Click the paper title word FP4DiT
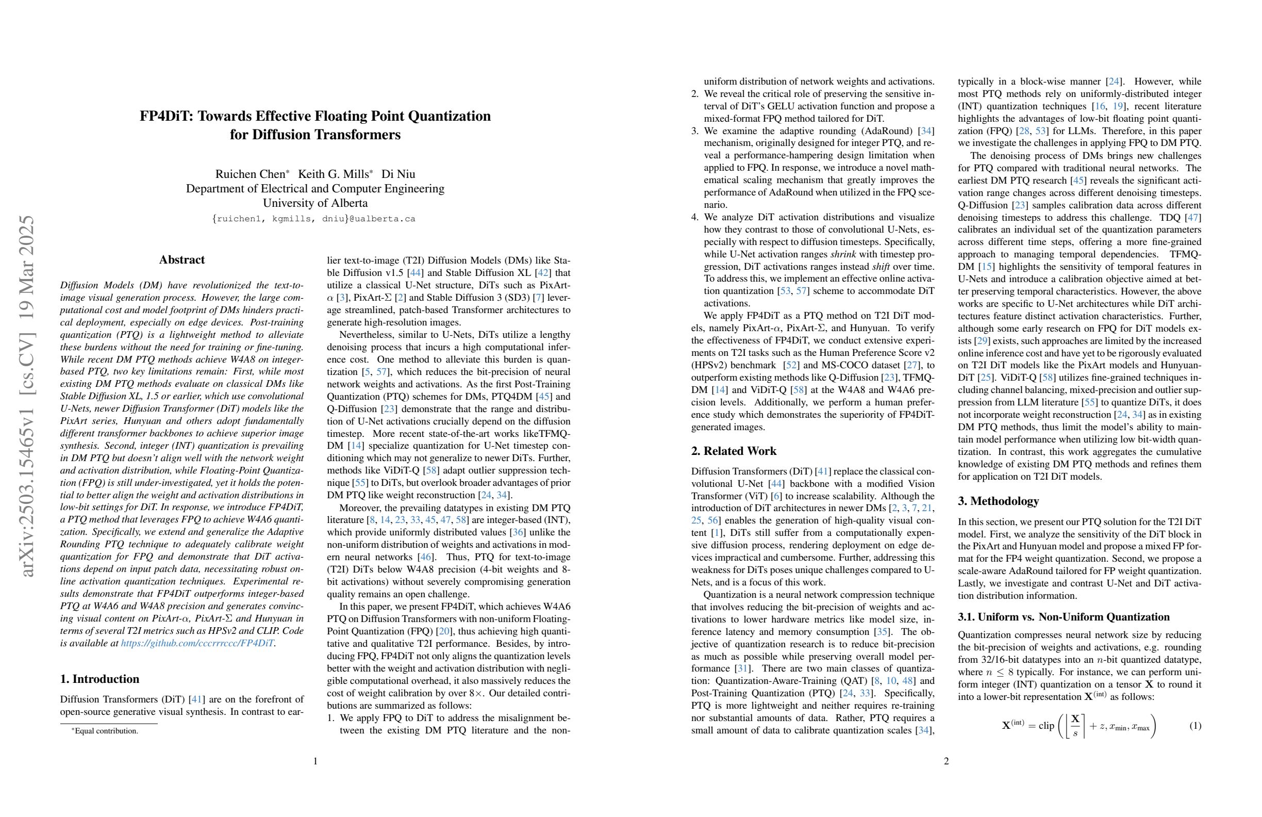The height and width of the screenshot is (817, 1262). pos(166,116)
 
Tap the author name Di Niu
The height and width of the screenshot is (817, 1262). pos(398,174)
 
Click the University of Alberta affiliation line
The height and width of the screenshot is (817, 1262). pos(315,203)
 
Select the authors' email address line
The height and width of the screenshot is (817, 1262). pos(314,219)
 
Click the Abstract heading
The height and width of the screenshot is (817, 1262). pos(182,260)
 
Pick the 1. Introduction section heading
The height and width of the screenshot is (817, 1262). pos(99,679)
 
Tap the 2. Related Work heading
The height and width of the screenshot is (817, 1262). pos(734,451)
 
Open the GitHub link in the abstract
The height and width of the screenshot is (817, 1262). pos(197,644)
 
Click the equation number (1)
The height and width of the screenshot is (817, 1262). pos(1195,725)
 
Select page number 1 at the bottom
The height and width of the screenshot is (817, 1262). pos(315,761)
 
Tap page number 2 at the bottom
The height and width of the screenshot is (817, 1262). pos(946,761)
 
